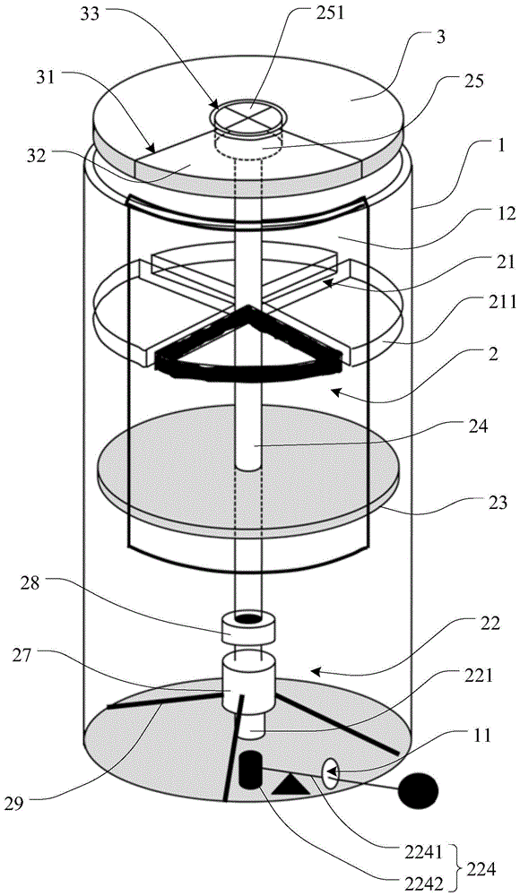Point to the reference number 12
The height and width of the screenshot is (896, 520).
click(x=490, y=214)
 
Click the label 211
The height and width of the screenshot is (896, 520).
click(x=499, y=301)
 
